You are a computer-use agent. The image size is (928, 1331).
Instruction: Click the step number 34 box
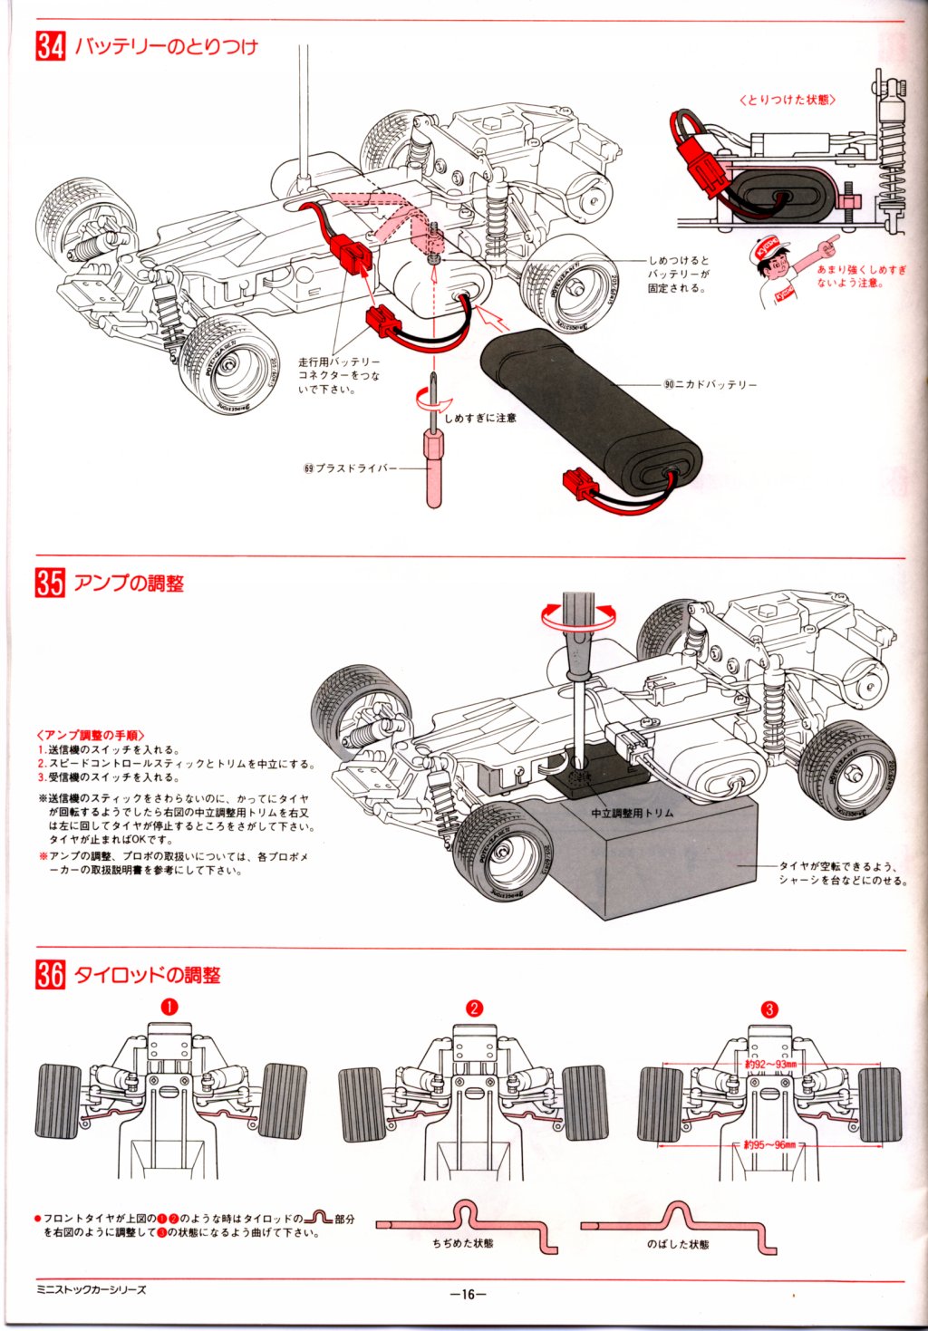pyautogui.click(x=51, y=46)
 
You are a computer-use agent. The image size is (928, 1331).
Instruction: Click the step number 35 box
pyautogui.click(x=51, y=583)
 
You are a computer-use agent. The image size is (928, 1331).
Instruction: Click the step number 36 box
pyautogui.click(x=51, y=975)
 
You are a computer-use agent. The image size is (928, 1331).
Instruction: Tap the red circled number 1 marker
pyautogui.click(x=169, y=1007)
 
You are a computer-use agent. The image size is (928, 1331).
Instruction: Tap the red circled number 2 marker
pyautogui.click(x=474, y=1008)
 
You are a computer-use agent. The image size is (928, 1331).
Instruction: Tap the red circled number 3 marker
pyautogui.click(x=769, y=1008)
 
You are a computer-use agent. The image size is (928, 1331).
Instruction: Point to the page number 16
pyautogui.click(x=468, y=1294)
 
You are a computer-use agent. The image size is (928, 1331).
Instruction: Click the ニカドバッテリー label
pyautogui.click(x=716, y=384)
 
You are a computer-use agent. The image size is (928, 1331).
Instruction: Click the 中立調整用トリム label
pyautogui.click(x=632, y=813)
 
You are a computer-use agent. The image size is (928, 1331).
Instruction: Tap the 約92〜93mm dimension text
pyautogui.click(x=769, y=1064)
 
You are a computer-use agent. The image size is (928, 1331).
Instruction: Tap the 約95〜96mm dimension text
pyautogui.click(x=769, y=1145)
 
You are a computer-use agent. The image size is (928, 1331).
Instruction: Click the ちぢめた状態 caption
pyautogui.click(x=463, y=1244)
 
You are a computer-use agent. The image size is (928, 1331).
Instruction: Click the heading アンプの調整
pyautogui.click(x=129, y=583)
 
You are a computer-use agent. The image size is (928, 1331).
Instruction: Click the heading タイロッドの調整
pyautogui.click(x=147, y=975)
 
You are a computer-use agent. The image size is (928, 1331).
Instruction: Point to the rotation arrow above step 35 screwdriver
pyautogui.click(x=577, y=615)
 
